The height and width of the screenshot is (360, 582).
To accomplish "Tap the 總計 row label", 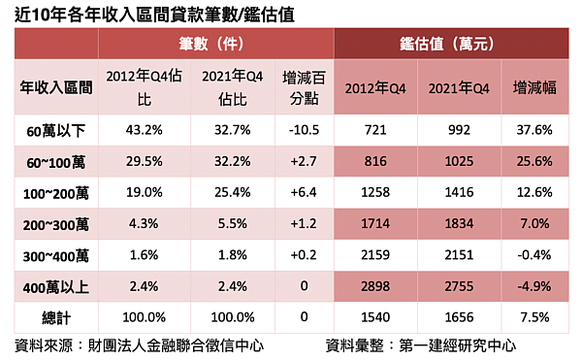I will pyautogui.click(x=57, y=317).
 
